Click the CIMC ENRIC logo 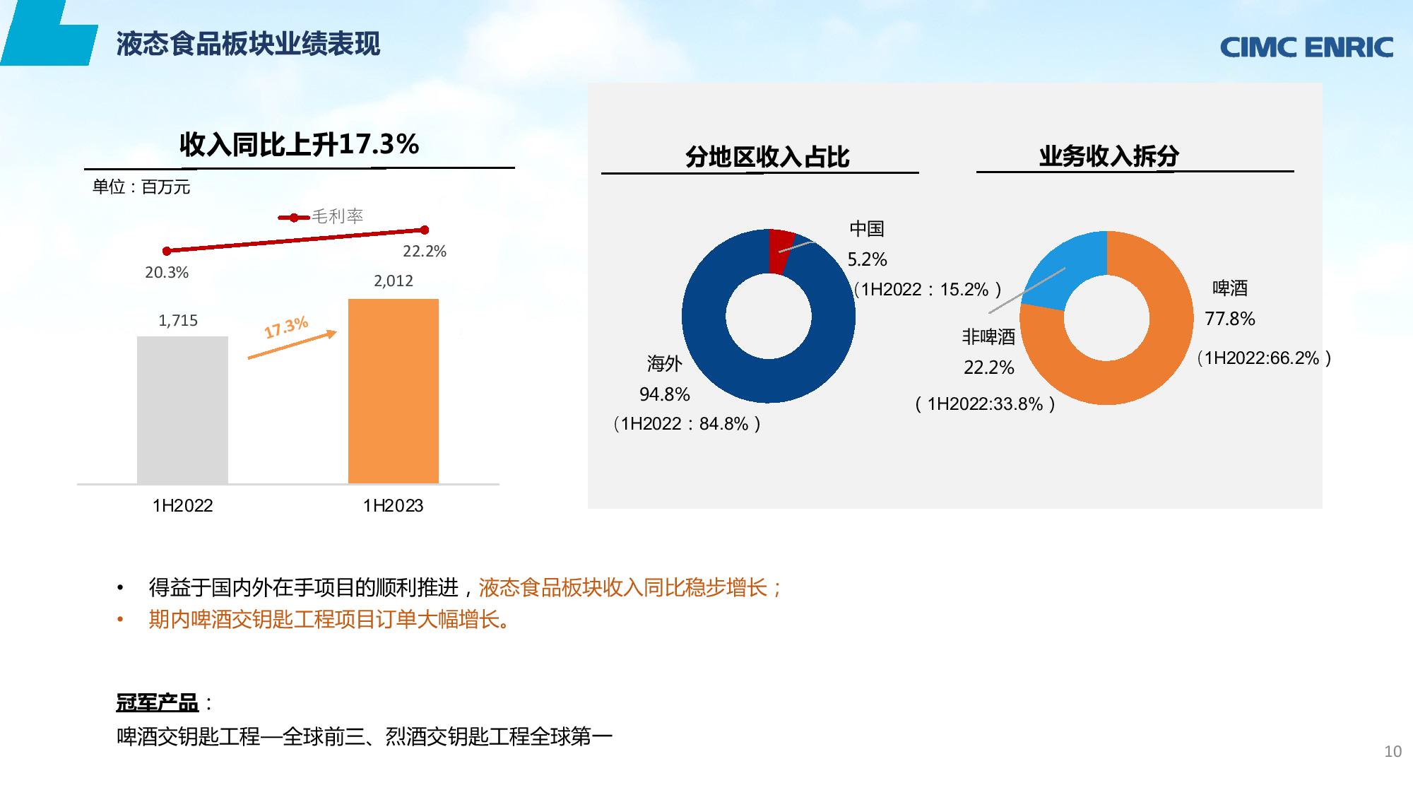[x=1306, y=47]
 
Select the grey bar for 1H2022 [x=182, y=410]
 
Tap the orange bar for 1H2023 [x=394, y=391]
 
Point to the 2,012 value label [x=394, y=281]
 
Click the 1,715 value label [x=178, y=320]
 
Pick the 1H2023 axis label [x=393, y=505]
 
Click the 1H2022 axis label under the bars [x=182, y=505]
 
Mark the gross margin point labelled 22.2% [x=425, y=230]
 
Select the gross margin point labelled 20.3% [x=167, y=251]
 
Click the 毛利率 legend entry [x=321, y=216]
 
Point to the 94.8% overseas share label [x=665, y=394]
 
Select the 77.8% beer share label [x=1230, y=319]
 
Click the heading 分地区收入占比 [x=767, y=157]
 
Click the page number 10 [x=1393, y=752]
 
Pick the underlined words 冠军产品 [x=158, y=703]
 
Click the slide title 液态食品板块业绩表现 [x=249, y=44]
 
